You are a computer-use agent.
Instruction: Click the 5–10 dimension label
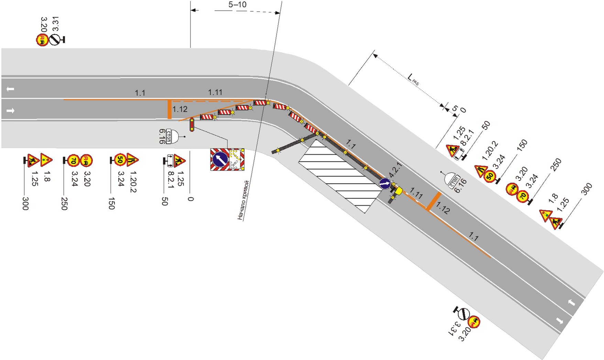(237, 5)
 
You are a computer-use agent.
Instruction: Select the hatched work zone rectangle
(340, 176)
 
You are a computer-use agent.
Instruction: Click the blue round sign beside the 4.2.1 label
(385, 183)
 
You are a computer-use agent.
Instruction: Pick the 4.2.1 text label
(395, 170)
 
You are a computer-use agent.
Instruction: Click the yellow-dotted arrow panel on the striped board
(235, 159)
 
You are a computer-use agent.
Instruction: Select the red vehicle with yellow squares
(192, 124)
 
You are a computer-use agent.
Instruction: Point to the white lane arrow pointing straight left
(10, 89)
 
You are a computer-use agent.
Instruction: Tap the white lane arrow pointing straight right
(11, 111)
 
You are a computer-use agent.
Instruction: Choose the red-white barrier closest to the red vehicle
(207, 117)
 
